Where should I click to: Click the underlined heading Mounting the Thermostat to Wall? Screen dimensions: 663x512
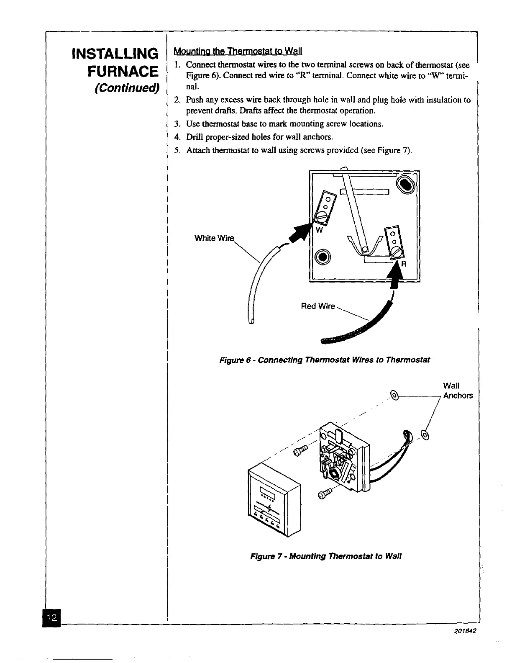238,52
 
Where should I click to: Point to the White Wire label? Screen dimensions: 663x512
214,239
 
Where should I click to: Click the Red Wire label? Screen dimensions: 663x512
318,306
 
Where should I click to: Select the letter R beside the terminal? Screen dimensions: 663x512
404,264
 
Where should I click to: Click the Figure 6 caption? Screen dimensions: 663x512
325,360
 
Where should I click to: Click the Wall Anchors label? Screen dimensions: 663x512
458,391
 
